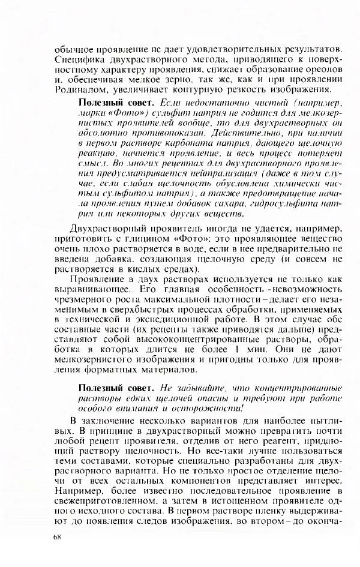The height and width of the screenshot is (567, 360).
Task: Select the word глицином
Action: point(136,240)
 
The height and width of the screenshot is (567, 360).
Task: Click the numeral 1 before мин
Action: point(238,353)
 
